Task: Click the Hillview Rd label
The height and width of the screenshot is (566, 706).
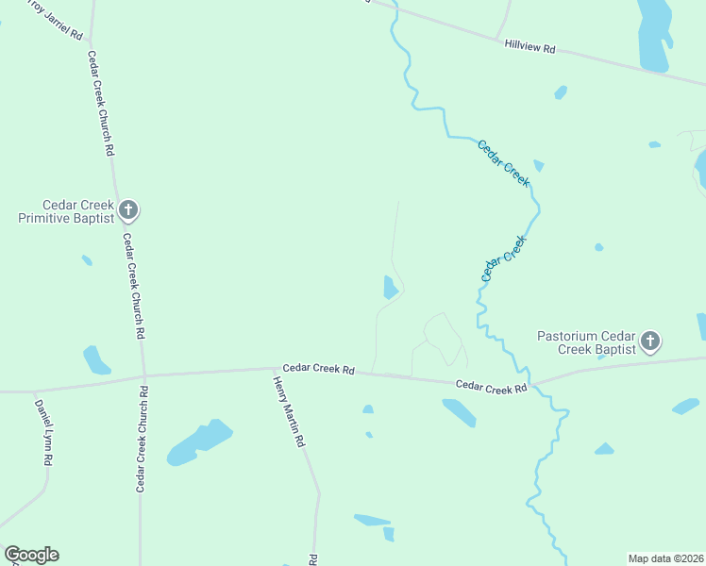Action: [529, 45]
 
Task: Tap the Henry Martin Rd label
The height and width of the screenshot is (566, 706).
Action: [290, 411]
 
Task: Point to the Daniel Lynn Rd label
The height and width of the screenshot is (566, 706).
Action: [43, 433]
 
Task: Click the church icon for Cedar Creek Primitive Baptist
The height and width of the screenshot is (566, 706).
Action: [129, 210]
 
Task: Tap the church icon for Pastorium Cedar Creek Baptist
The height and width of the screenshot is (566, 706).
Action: [650, 341]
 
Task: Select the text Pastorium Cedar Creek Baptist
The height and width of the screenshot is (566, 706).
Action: [587, 341]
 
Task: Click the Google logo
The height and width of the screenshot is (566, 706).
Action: [31, 554]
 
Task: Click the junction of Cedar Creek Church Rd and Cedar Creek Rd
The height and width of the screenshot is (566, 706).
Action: [143, 374]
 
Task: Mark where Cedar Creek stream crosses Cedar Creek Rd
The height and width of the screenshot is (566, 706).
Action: [533, 385]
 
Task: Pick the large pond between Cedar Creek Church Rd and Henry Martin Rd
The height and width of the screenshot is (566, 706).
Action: [199, 441]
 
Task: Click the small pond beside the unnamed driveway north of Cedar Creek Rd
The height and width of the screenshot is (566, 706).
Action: [389, 287]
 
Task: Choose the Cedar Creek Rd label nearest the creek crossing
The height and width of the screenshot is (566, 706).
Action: [491, 386]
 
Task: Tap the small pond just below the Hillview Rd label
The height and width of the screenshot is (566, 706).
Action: [561, 92]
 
